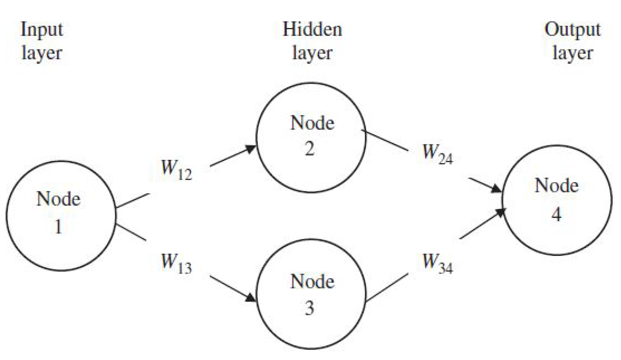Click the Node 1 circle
click(x=61, y=216)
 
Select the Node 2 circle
click(x=311, y=137)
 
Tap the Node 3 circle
click(x=311, y=294)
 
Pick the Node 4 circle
click(x=557, y=200)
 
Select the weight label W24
click(x=437, y=153)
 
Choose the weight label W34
click(x=437, y=263)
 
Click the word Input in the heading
click(x=41, y=30)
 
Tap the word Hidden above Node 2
click(x=312, y=29)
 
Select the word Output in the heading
click(x=572, y=30)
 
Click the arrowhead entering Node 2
click(x=252, y=149)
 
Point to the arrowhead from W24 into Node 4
click(x=497, y=189)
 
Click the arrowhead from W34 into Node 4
click(x=500, y=212)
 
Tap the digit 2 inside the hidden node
click(x=310, y=149)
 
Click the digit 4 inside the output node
click(x=556, y=214)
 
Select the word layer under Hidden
click(x=312, y=53)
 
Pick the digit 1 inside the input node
click(x=58, y=227)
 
